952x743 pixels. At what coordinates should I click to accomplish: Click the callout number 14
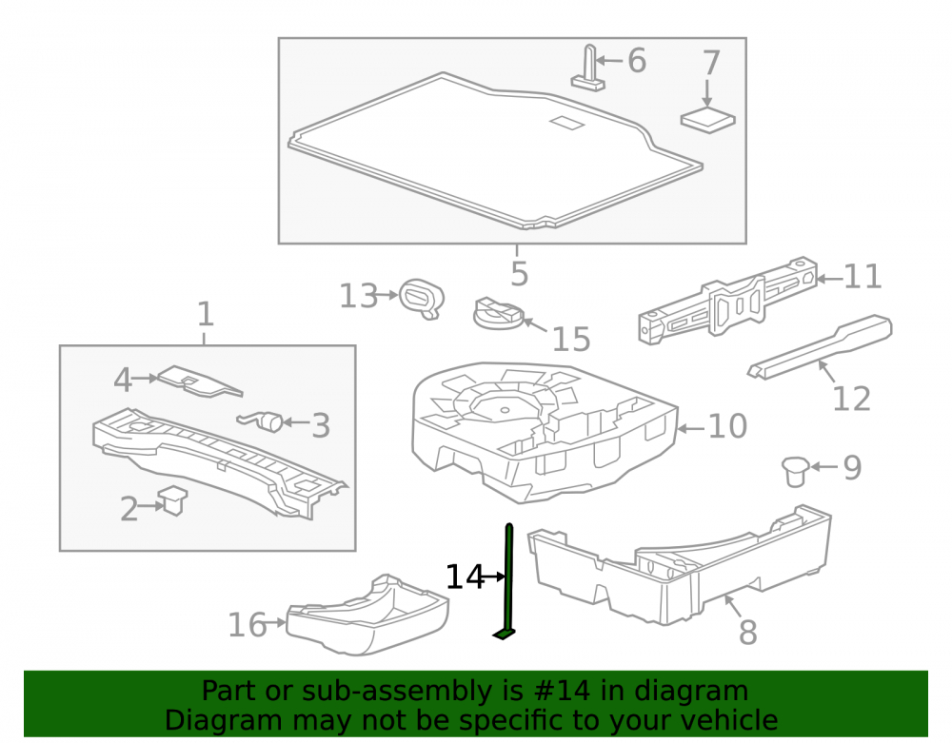[466, 577]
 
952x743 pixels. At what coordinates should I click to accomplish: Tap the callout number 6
[636, 61]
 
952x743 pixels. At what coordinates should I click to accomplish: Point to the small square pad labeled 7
[708, 120]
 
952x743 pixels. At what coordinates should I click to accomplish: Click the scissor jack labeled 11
[728, 302]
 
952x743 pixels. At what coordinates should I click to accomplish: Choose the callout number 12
[851, 399]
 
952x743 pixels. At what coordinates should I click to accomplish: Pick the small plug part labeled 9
[795, 471]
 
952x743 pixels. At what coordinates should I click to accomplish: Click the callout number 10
[727, 426]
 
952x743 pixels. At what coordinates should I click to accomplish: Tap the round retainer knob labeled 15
[498, 312]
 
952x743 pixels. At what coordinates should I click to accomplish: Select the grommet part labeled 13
[422, 299]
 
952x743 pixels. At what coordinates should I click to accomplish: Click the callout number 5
[519, 274]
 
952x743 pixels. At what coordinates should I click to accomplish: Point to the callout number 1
[206, 314]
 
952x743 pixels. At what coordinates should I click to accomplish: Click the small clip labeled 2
[172, 500]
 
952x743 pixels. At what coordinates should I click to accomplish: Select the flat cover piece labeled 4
[199, 381]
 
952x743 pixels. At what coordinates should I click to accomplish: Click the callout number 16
[248, 625]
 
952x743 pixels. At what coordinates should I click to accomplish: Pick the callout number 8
[748, 633]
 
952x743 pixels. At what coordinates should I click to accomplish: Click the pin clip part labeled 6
[588, 68]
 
